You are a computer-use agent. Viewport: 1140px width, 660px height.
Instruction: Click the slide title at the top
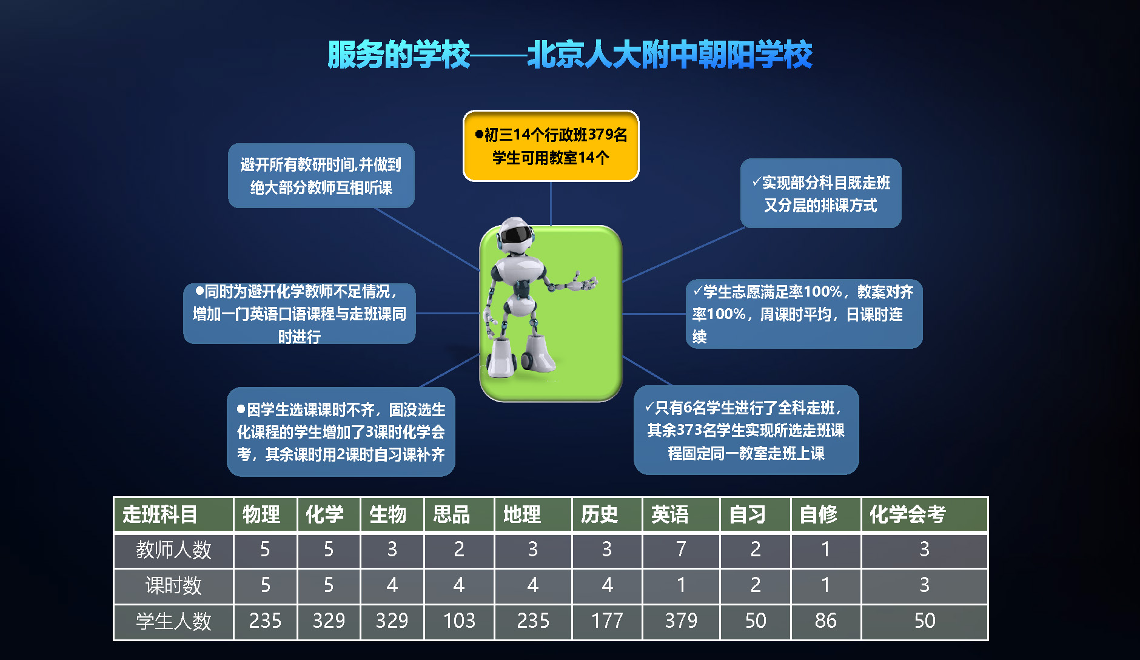(x=569, y=55)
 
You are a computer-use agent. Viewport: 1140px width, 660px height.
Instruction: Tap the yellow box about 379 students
(x=551, y=146)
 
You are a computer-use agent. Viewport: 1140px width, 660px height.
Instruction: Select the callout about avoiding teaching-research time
(x=321, y=175)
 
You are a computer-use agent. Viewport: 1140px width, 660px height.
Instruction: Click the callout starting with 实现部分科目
(x=820, y=193)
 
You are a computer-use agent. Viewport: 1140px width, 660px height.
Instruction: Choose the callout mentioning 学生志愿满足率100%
(x=804, y=314)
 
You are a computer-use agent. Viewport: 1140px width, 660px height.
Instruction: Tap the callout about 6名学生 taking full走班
(x=746, y=430)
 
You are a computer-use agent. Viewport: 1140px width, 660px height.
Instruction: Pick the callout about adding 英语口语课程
(x=300, y=314)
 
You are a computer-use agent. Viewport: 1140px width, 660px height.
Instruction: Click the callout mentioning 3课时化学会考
(x=341, y=432)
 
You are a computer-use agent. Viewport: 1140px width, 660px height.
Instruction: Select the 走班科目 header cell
(x=173, y=514)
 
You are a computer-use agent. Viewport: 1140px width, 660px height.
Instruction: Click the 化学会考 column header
(x=925, y=514)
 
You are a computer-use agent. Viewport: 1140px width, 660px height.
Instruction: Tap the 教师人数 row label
(x=173, y=550)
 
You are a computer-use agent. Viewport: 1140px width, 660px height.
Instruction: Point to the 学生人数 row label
(x=173, y=622)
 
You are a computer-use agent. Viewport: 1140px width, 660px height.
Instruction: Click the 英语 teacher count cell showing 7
(x=681, y=550)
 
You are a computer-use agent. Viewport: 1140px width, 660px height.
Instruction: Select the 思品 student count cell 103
(x=459, y=622)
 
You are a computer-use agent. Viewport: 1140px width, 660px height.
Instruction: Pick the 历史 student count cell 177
(x=607, y=622)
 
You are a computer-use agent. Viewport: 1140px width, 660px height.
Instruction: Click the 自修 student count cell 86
(x=826, y=622)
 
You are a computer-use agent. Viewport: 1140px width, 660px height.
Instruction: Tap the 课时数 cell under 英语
(x=681, y=586)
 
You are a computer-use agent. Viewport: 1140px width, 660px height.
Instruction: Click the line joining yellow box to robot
(x=551, y=204)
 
